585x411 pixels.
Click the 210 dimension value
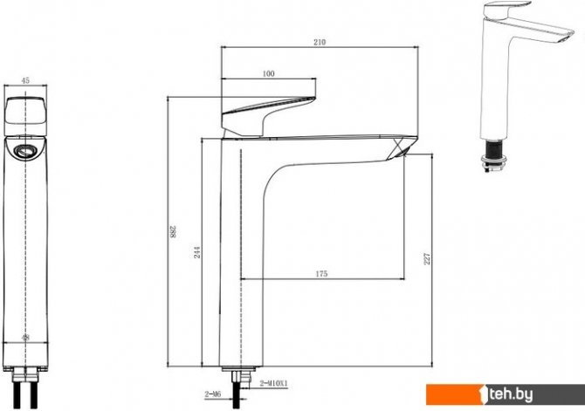[x=320, y=42]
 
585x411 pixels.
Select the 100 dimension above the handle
[x=269, y=73]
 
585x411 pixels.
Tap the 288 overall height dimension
[x=173, y=231]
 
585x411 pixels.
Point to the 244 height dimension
[x=197, y=252]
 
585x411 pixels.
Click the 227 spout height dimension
[x=427, y=259]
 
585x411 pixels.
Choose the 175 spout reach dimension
[x=321, y=274]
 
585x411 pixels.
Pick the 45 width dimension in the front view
[x=25, y=80]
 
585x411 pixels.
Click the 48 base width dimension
[x=25, y=338]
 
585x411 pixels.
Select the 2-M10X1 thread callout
[x=274, y=383]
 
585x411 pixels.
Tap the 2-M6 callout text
[x=213, y=394]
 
